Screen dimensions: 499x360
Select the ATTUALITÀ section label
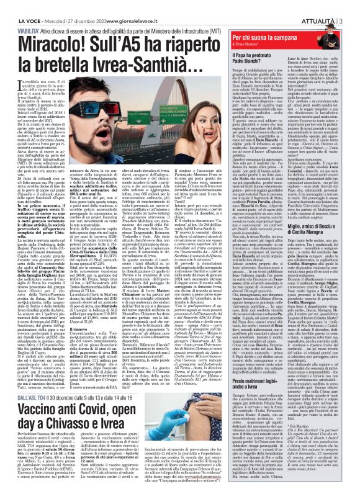pos(334,6)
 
